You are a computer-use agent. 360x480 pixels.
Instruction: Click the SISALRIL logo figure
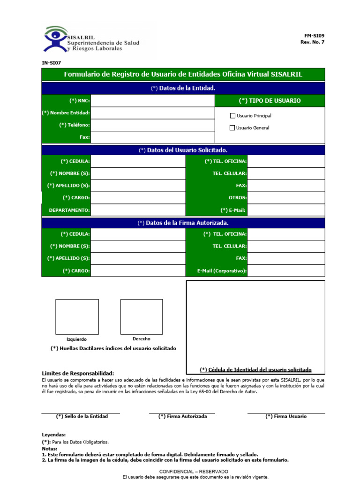(x=56, y=39)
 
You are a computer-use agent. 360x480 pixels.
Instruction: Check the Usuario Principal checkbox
(x=232, y=116)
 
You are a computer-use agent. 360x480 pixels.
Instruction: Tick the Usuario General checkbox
(x=232, y=128)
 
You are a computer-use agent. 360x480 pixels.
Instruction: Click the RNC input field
(x=152, y=101)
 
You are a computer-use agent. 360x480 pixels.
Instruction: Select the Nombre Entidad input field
(x=152, y=113)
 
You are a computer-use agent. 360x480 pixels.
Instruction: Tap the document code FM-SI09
(x=314, y=36)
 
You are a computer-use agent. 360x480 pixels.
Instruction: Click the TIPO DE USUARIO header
(x=270, y=101)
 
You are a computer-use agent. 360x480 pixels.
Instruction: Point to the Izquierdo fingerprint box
(x=77, y=316)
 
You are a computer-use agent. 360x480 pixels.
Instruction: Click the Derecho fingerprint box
(x=141, y=316)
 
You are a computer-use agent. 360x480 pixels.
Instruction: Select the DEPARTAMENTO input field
(x=138, y=210)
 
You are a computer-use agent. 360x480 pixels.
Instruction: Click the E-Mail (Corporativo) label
(x=222, y=271)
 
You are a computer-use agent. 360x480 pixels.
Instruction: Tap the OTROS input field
(x=286, y=198)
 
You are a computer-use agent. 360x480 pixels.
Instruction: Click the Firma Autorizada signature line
(x=182, y=412)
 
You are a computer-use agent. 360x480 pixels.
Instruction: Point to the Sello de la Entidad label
(x=82, y=416)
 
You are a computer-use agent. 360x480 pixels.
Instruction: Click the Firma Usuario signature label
(x=286, y=416)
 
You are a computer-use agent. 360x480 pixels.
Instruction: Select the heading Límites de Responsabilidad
(x=78, y=373)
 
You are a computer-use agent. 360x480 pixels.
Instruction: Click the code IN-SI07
(x=51, y=62)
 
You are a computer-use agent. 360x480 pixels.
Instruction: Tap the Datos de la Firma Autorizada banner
(x=183, y=223)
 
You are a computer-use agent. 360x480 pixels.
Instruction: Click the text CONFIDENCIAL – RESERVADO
(x=194, y=471)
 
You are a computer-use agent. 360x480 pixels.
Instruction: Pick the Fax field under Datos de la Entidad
(x=152, y=137)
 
